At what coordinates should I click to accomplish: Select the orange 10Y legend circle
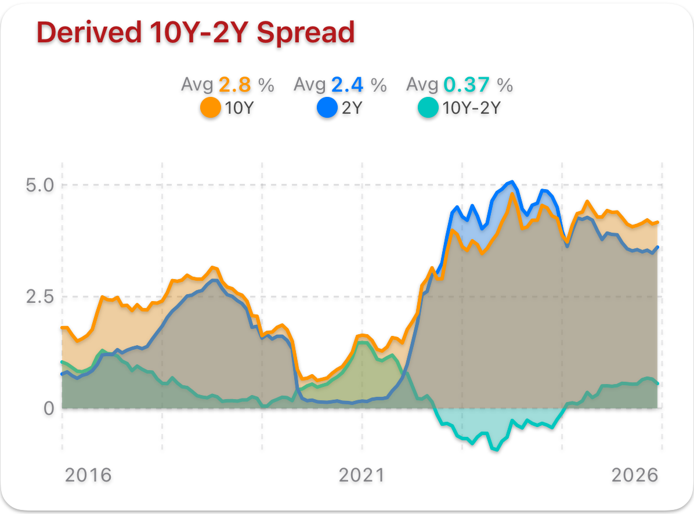point(210,107)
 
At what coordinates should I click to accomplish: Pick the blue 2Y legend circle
point(327,107)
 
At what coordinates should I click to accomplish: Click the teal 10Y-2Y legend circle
point(428,107)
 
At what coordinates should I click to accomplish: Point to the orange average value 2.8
point(235,85)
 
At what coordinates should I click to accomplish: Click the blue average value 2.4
point(347,85)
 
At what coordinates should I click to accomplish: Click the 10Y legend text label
point(239,108)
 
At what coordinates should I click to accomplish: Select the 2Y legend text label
point(352,108)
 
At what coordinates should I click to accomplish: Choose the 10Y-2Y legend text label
point(471,108)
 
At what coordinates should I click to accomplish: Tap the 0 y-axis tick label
point(49,408)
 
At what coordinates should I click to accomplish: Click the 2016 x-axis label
point(88,476)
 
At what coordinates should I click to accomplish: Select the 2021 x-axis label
point(362,476)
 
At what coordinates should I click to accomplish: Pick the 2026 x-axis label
point(635,476)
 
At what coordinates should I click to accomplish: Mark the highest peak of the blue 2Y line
point(511,182)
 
